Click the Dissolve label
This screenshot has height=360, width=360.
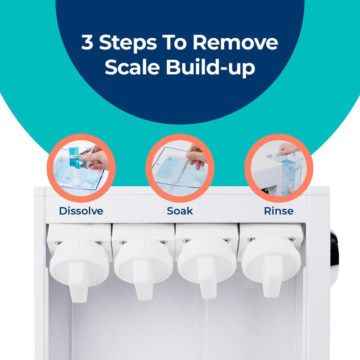pyautogui.click(x=81, y=211)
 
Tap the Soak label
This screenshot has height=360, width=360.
pyautogui.click(x=180, y=211)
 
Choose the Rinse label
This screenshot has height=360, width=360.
pyautogui.click(x=279, y=211)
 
